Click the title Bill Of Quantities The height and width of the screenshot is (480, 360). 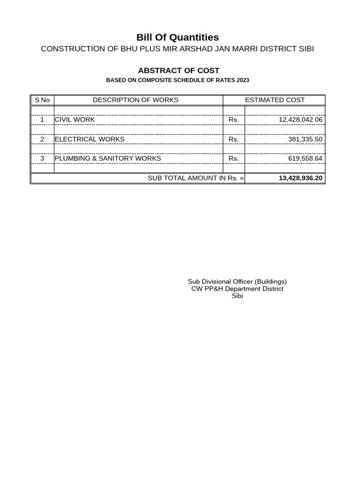177,37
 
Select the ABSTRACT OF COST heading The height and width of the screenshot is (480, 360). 179,71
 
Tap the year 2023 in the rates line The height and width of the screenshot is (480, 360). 243,81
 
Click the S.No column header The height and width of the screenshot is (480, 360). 42,100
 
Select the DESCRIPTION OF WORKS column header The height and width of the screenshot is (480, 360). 135,100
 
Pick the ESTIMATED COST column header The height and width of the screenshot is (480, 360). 275,100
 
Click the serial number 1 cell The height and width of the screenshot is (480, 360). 42,120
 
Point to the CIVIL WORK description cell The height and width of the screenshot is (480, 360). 75,120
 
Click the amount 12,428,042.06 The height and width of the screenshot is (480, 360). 300,120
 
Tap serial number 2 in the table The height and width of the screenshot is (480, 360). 42,139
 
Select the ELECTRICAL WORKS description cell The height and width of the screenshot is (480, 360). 90,139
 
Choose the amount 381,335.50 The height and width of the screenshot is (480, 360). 305,140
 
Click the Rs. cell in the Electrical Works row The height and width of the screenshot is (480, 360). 233,140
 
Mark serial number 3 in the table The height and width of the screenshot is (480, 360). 42,158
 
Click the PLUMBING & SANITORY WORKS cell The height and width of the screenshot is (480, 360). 108,158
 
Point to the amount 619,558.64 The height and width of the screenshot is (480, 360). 305,159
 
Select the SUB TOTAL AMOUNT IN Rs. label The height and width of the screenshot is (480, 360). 195,179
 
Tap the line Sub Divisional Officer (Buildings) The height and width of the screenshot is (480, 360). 237,281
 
